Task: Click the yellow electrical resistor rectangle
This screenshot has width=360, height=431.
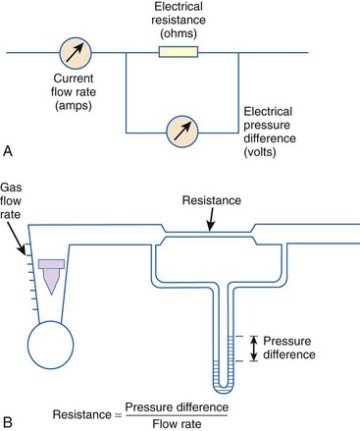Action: click(179, 52)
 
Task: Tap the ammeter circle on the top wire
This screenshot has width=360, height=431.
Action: click(76, 52)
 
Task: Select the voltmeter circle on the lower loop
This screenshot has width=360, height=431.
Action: click(182, 132)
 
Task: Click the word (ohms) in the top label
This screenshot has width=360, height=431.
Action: click(179, 33)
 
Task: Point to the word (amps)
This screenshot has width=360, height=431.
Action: click(74, 105)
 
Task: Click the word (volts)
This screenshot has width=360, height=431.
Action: click(260, 152)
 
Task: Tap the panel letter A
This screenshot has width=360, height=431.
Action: click(7, 151)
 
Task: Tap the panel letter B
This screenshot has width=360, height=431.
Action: click(7, 422)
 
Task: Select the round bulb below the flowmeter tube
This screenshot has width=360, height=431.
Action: click(51, 345)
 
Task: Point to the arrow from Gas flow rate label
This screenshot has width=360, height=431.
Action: click(17, 239)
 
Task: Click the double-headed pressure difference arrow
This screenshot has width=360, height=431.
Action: click(254, 349)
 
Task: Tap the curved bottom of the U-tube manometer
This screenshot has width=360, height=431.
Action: click(224, 389)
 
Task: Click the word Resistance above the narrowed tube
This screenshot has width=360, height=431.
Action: click(212, 200)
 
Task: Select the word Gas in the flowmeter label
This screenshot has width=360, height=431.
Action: click(11, 188)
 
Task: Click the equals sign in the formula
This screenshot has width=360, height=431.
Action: click(118, 415)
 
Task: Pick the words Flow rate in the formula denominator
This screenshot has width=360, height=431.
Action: click(177, 424)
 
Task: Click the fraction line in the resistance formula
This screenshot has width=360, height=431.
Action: click(177, 415)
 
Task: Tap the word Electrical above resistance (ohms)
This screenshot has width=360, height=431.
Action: click(179, 6)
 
